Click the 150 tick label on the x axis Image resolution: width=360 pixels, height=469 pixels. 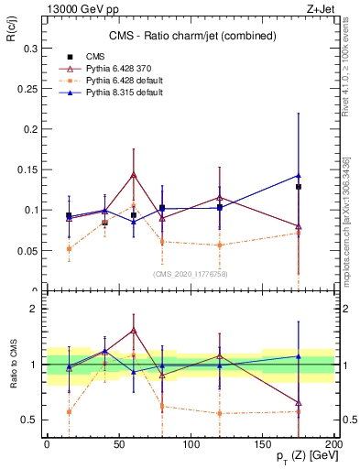click(x=262, y=444)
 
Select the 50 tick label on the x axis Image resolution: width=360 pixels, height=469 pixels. click(x=118, y=444)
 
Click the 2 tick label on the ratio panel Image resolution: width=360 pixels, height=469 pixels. click(x=33, y=309)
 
